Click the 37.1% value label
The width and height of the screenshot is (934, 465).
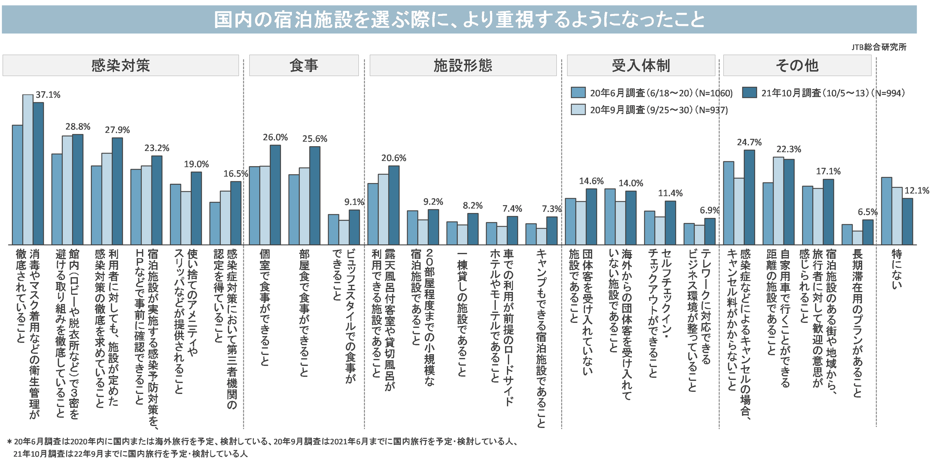coord(48,95)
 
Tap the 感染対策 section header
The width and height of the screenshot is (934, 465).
coord(120,66)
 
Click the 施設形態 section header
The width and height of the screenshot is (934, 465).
coord(463,66)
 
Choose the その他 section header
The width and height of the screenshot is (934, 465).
coord(797,66)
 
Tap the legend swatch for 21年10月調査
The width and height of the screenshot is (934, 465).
coord(749,93)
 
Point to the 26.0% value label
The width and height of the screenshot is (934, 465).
coord(275,137)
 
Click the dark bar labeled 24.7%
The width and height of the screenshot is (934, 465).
coord(749,197)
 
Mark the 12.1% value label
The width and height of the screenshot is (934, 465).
coord(917,191)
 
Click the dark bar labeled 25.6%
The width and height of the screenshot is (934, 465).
coord(315,196)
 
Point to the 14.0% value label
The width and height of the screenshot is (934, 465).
coord(631,183)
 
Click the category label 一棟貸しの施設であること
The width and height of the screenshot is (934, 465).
coord(462,314)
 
